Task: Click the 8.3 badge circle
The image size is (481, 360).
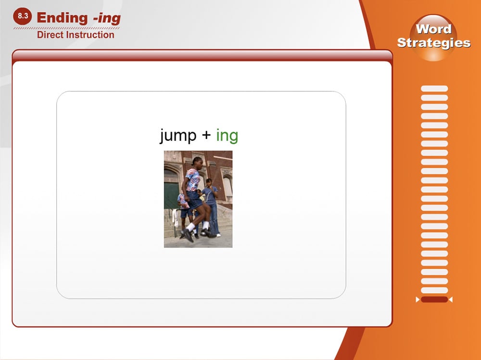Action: point(23,16)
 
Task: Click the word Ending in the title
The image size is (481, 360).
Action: point(62,18)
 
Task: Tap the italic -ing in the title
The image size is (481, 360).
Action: point(107,18)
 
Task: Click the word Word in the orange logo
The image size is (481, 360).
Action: point(433,29)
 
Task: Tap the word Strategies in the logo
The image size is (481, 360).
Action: point(434,43)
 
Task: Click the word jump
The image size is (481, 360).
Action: point(178,136)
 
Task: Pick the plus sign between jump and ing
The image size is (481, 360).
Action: point(206,135)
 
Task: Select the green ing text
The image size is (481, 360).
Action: point(227,136)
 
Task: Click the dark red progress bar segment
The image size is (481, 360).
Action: point(434,299)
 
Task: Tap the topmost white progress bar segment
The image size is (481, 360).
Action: point(434,88)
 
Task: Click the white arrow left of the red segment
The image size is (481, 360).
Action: point(418,299)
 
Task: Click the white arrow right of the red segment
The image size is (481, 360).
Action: point(451,299)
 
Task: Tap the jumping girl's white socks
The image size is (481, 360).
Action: point(197,226)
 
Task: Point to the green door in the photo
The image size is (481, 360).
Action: point(171,196)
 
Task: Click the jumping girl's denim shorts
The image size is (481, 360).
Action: point(194,199)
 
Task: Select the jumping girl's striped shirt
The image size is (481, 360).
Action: point(192,179)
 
